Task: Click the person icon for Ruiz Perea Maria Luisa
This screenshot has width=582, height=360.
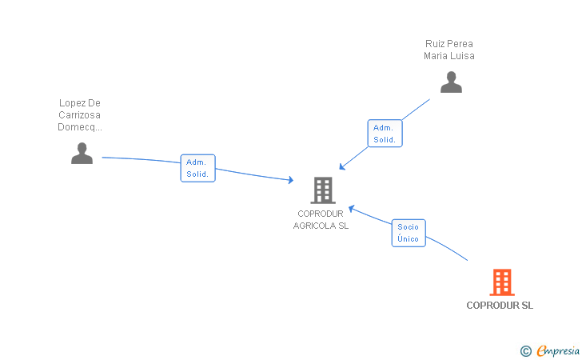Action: pyautogui.click(x=451, y=82)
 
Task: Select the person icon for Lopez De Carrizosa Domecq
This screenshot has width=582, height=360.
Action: pyautogui.click(x=82, y=153)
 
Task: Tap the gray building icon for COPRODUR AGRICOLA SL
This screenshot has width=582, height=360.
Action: pyautogui.click(x=323, y=190)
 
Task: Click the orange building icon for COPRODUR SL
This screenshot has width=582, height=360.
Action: pyautogui.click(x=502, y=282)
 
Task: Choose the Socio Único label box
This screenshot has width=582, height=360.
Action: pyautogui.click(x=409, y=233)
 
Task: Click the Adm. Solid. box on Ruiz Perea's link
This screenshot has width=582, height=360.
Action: pyautogui.click(x=385, y=134)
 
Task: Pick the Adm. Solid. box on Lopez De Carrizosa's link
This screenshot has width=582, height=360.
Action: pyautogui.click(x=197, y=168)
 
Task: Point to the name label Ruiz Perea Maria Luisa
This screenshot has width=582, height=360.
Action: pyautogui.click(x=449, y=50)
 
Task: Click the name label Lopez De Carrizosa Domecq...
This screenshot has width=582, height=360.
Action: pyautogui.click(x=80, y=114)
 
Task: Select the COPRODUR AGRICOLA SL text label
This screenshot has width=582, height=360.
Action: pyautogui.click(x=321, y=219)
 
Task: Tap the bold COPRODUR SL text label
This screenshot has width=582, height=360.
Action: pyautogui.click(x=500, y=306)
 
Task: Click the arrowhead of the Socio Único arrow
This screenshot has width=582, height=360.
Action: pyautogui.click(x=352, y=209)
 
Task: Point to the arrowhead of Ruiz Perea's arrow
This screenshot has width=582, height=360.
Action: pyautogui.click(x=342, y=167)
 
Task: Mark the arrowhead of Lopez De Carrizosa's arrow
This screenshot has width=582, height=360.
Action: pyautogui.click(x=291, y=180)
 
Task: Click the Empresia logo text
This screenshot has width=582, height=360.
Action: pyautogui.click(x=558, y=350)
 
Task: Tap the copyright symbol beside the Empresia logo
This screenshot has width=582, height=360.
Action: pyautogui.click(x=525, y=351)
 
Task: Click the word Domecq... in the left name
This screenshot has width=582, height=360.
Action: pyautogui.click(x=80, y=127)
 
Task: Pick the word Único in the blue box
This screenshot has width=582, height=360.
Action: pyautogui.click(x=408, y=238)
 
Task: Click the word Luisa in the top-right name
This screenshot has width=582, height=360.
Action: pyautogui.click(x=463, y=56)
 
